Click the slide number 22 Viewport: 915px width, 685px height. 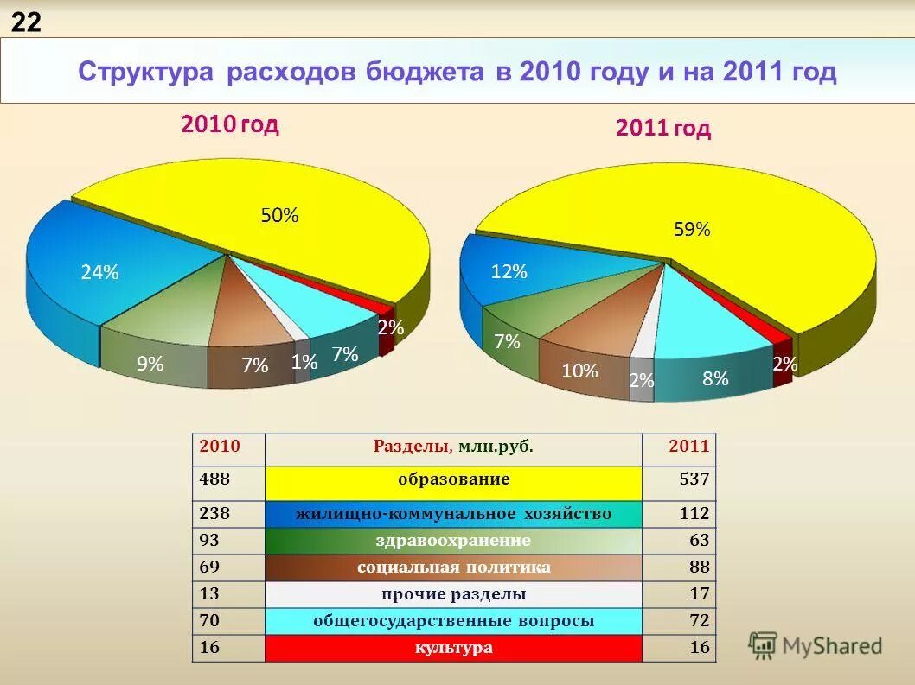pyautogui.click(x=26, y=22)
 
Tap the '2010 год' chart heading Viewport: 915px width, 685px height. pyautogui.click(x=229, y=124)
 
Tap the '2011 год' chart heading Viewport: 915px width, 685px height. pyautogui.click(x=663, y=129)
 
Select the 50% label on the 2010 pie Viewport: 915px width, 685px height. pyautogui.click(x=279, y=216)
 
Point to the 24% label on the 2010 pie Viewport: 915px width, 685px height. pyautogui.click(x=99, y=273)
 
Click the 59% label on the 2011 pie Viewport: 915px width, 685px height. pyautogui.click(x=692, y=230)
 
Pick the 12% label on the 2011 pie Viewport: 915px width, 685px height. pyautogui.click(x=509, y=271)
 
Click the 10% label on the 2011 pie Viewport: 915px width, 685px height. pyautogui.click(x=579, y=371)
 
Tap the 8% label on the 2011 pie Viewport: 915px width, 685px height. pyautogui.click(x=715, y=378)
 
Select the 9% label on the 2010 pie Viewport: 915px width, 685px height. pyautogui.click(x=150, y=365)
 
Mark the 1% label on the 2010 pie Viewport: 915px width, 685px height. pyautogui.click(x=304, y=364)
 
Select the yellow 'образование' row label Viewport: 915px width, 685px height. pyautogui.click(x=453, y=479)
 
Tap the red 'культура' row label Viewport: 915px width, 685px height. pyautogui.click(x=453, y=648)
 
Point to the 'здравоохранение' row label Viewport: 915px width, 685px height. pyautogui.click(x=453, y=541)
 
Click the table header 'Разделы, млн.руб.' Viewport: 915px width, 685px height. pyautogui.click(x=453, y=447)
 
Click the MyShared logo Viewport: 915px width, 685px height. pyautogui.click(x=816, y=645)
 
